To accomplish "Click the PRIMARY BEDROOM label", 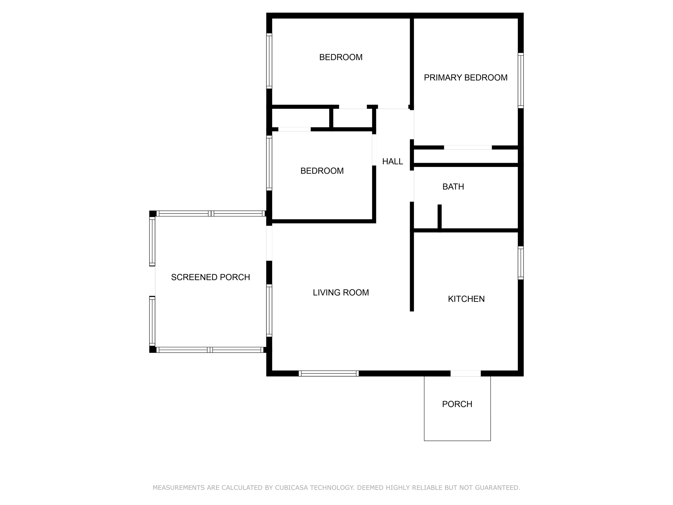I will coord(465,78).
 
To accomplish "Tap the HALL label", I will coord(392,161).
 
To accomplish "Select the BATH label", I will coord(453,187).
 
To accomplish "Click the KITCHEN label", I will coord(466,299).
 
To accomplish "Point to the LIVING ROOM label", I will coord(341,293).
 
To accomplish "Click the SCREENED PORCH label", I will coord(210,277).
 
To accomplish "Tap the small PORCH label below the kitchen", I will coord(457,404).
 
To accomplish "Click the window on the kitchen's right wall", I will coord(521,263).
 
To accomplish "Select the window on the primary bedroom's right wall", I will coord(521,81).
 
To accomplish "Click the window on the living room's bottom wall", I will coord(329,373).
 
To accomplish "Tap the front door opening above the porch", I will coord(465,373).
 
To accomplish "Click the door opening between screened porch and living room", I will coord(269,243).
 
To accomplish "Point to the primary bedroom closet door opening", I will coord(468,148).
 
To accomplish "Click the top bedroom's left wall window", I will coord(269,61).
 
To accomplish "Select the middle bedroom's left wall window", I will coord(269,163).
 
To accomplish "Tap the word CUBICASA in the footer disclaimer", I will coord(291,488).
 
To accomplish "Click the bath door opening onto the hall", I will coord(412,186).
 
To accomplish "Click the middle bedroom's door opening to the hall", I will coord(374,150).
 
